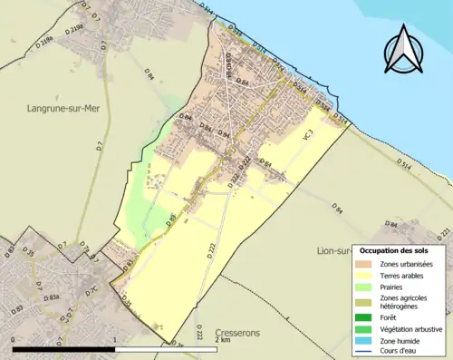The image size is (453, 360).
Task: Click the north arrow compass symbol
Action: [403, 50]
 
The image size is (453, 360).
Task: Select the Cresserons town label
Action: [238, 333]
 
